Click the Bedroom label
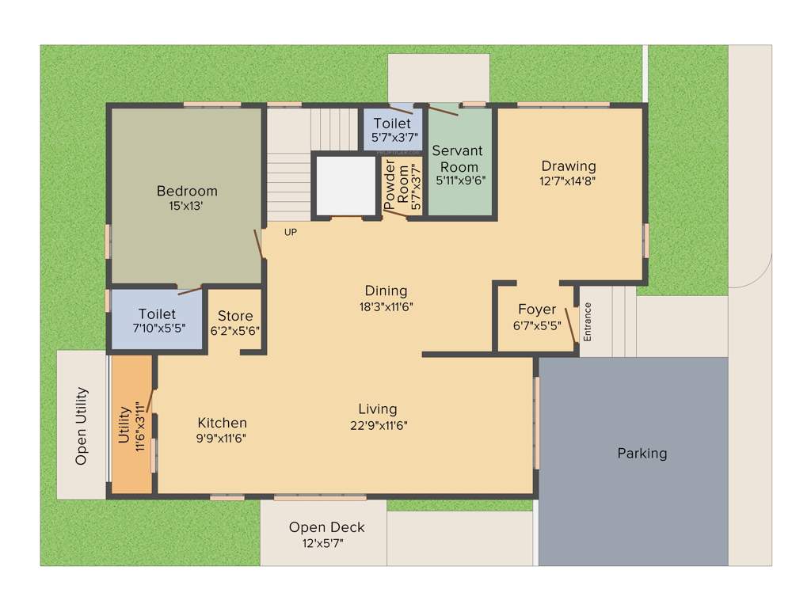tap(187, 191)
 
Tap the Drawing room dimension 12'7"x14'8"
tap(568, 180)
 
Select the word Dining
tap(386, 291)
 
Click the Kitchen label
tap(222, 423)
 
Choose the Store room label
tap(235, 316)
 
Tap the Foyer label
tap(537, 309)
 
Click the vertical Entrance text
tap(587, 321)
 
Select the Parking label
tap(642, 454)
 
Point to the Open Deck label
tap(326, 527)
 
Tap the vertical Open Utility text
tap(81, 426)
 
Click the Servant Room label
tap(457, 158)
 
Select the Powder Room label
tap(396, 187)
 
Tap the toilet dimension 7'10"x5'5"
tap(157, 329)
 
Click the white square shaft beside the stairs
tap(345, 184)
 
